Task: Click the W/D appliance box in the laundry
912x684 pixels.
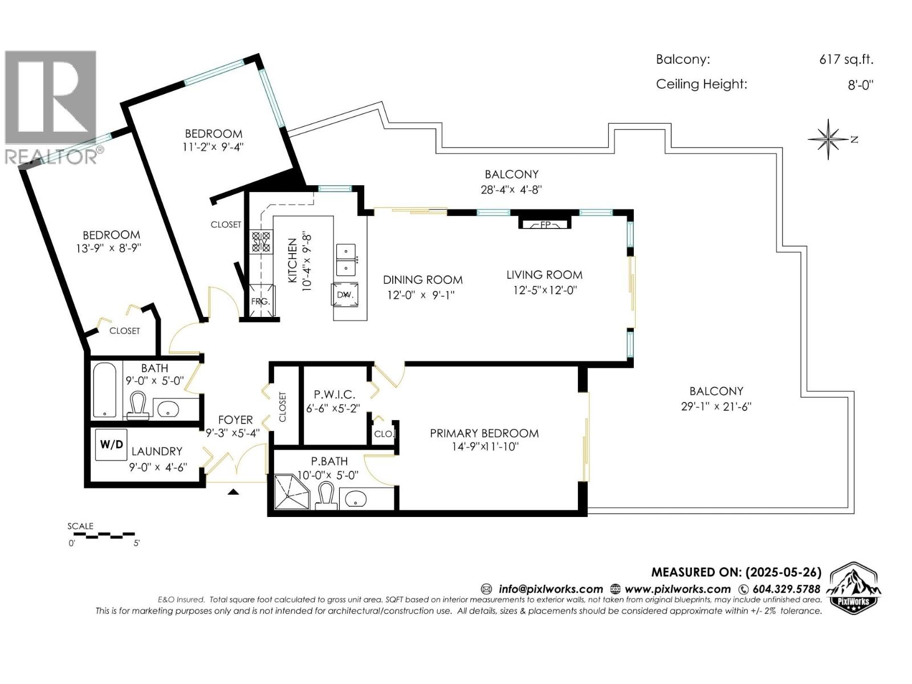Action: pyautogui.click(x=111, y=444)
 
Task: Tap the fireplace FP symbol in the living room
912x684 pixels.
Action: pyautogui.click(x=544, y=224)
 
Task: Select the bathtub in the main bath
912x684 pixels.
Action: pyautogui.click(x=104, y=390)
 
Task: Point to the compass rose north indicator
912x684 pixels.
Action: pyautogui.click(x=828, y=139)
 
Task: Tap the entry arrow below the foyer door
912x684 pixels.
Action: pyautogui.click(x=233, y=492)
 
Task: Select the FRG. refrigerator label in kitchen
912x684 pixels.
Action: pyautogui.click(x=260, y=302)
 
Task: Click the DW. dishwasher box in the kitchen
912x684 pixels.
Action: pyautogui.click(x=346, y=295)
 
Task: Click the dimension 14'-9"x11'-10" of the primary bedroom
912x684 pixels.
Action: pyautogui.click(x=484, y=447)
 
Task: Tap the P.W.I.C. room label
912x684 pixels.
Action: pyautogui.click(x=335, y=394)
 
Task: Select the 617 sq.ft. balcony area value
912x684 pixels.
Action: pyautogui.click(x=846, y=59)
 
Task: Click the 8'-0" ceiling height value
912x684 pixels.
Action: pyautogui.click(x=860, y=85)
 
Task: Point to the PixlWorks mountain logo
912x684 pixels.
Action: pyautogui.click(x=853, y=589)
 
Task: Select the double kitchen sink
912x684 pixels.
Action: pyautogui.click(x=346, y=259)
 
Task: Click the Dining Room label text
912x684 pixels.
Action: pyautogui.click(x=422, y=280)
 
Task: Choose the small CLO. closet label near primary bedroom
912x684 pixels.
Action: pyautogui.click(x=384, y=434)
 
